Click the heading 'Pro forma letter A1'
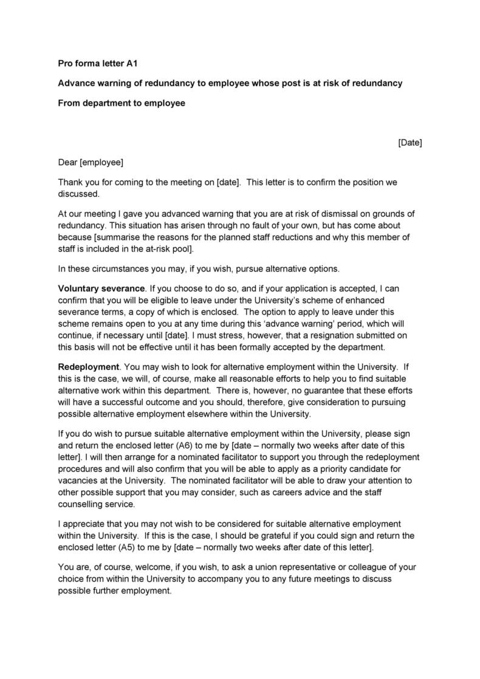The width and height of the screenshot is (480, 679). [101, 63]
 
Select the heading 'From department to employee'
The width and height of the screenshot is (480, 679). [121, 103]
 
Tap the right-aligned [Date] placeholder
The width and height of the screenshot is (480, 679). [410, 143]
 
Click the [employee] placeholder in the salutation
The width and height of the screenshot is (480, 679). [101, 162]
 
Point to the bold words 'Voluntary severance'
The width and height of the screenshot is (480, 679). [101, 287]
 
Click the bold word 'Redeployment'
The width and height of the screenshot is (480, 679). [89, 367]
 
